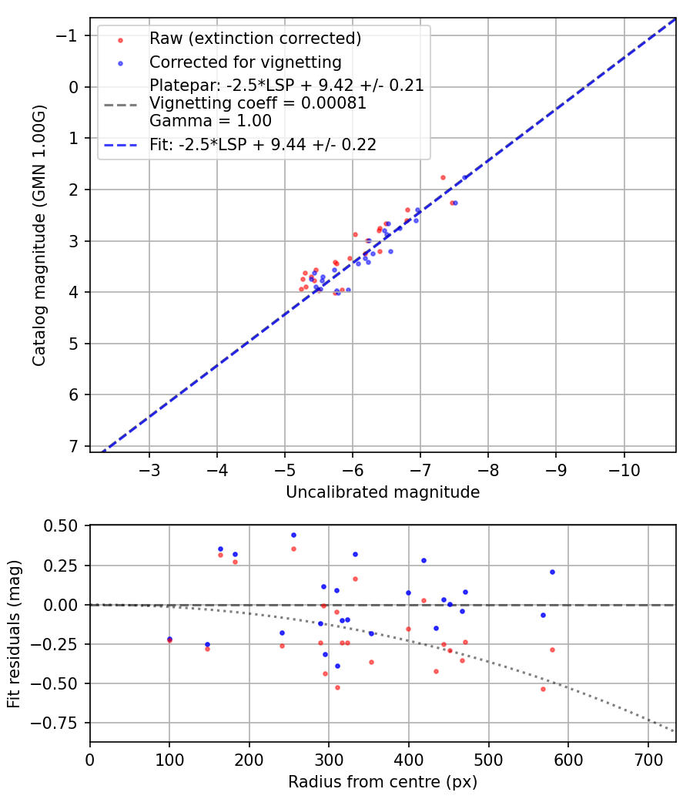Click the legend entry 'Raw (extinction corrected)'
[255, 39]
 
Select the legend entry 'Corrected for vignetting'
[245, 62]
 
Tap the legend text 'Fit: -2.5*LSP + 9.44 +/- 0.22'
[263, 144]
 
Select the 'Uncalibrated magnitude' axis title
[383, 492]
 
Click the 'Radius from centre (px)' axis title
[383, 782]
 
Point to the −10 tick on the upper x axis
[623, 469]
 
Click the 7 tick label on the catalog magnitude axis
[73, 446]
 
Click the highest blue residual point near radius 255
[293, 535]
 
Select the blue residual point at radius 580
[552, 572]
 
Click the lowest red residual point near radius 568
[543, 689]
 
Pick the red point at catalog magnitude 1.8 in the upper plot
[443, 177]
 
